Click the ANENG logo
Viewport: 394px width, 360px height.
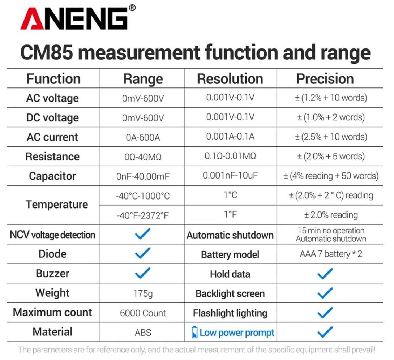point(74,18)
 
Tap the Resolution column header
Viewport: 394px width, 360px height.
point(230,79)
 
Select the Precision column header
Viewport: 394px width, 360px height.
point(325,79)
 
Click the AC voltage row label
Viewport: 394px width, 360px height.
point(52,98)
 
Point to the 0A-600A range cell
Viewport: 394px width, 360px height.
point(143,137)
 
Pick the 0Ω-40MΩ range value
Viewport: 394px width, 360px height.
point(143,157)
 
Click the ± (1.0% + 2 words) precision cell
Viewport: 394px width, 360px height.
point(331,117)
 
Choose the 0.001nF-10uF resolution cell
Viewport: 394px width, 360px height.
point(230,176)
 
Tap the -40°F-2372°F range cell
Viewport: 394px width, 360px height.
point(143,215)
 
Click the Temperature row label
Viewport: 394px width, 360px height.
point(57,205)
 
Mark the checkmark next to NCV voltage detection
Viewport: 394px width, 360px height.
point(142,235)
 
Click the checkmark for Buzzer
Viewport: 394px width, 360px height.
point(142,273)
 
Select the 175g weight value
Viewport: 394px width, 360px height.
point(143,293)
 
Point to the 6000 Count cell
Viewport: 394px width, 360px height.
point(143,313)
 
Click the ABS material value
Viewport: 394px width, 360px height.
point(143,333)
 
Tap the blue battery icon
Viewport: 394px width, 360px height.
point(194,333)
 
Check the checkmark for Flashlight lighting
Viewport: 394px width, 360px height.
point(325,313)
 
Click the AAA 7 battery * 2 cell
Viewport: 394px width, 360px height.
point(331,254)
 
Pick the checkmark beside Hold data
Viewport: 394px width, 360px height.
point(325,274)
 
